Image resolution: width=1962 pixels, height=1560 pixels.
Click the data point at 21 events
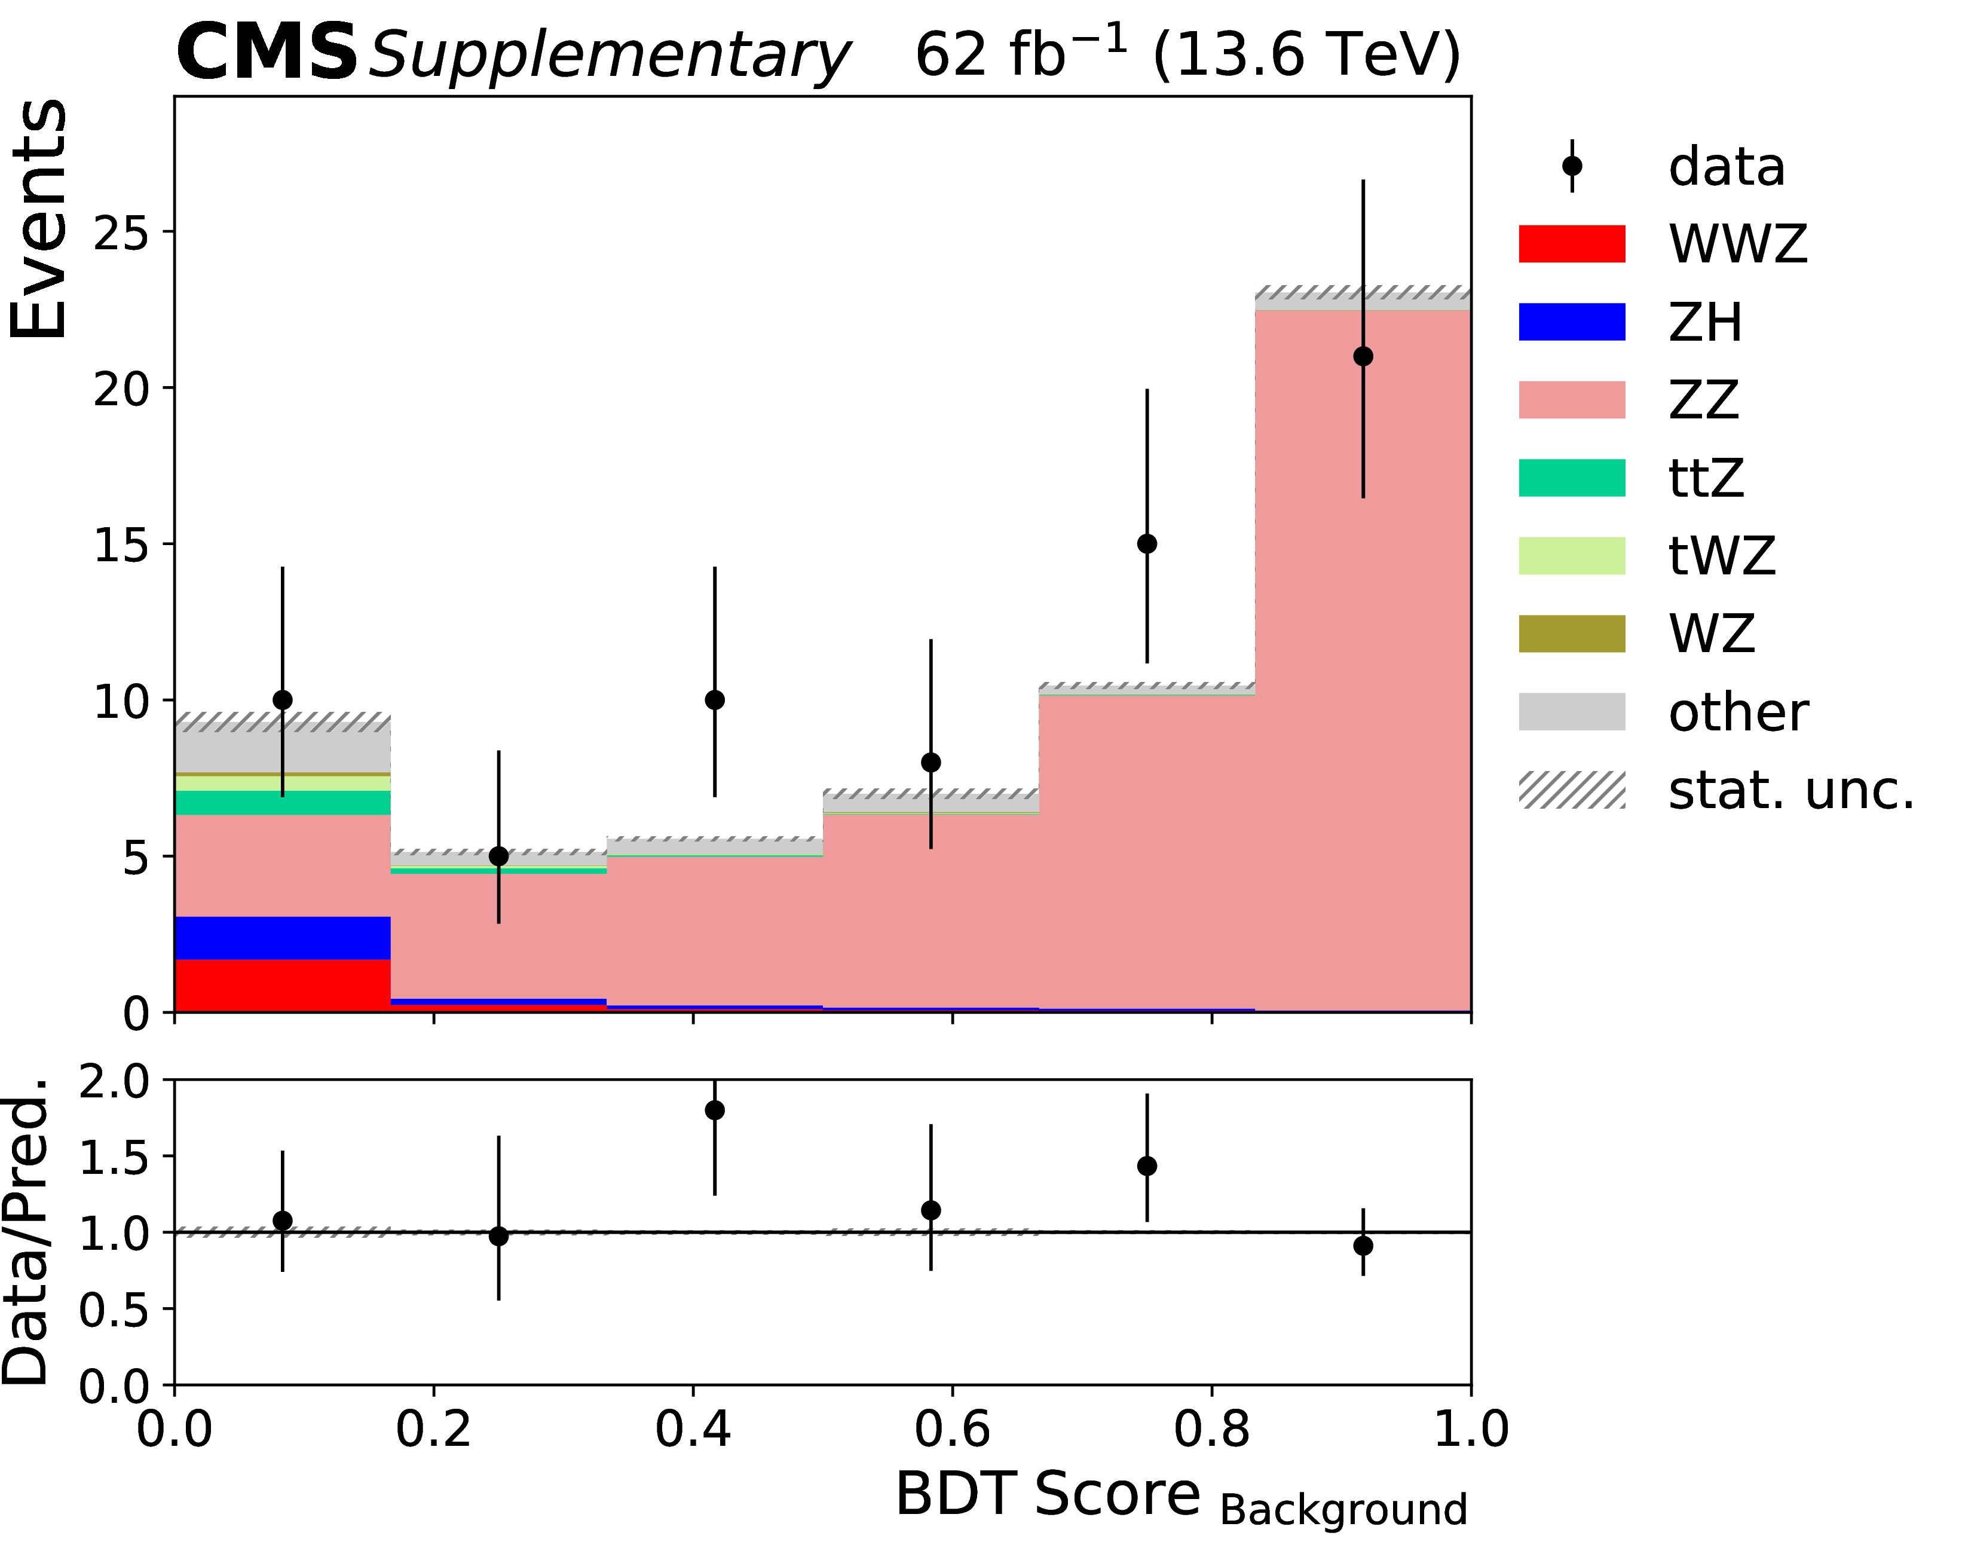[x=1363, y=356]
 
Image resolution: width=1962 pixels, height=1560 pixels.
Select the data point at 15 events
[x=1147, y=543]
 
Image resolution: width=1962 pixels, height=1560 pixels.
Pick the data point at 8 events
[x=930, y=762]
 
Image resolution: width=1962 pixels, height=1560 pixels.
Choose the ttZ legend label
[x=1706, y=478]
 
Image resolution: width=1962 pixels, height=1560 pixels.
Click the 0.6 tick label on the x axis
[x=952, y=1429]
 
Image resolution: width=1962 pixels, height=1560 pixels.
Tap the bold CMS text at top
[x=267, y=53]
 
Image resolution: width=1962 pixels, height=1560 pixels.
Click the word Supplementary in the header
[x=608, y=56]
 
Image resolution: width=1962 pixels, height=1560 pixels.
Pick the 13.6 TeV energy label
[x=1306, y=54]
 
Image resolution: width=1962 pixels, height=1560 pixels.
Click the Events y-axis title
[x=38, y=218]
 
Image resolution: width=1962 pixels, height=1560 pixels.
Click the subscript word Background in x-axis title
[x=1343, y=1509]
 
